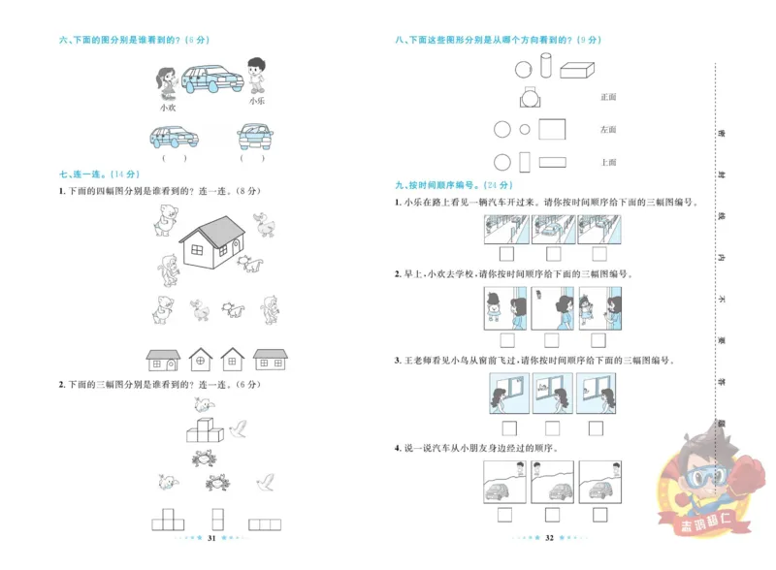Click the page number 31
click(211, 538)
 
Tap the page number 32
click(549, 538)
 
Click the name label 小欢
click(168, 108)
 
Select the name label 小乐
click(256, 100)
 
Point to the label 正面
click(608, 97)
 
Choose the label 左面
click(608, 129)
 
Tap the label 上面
click(608, 162)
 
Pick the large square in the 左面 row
click(552, 129)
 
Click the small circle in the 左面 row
click(525, 129)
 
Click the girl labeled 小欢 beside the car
click(168, 79)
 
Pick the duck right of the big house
click(265, 228)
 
